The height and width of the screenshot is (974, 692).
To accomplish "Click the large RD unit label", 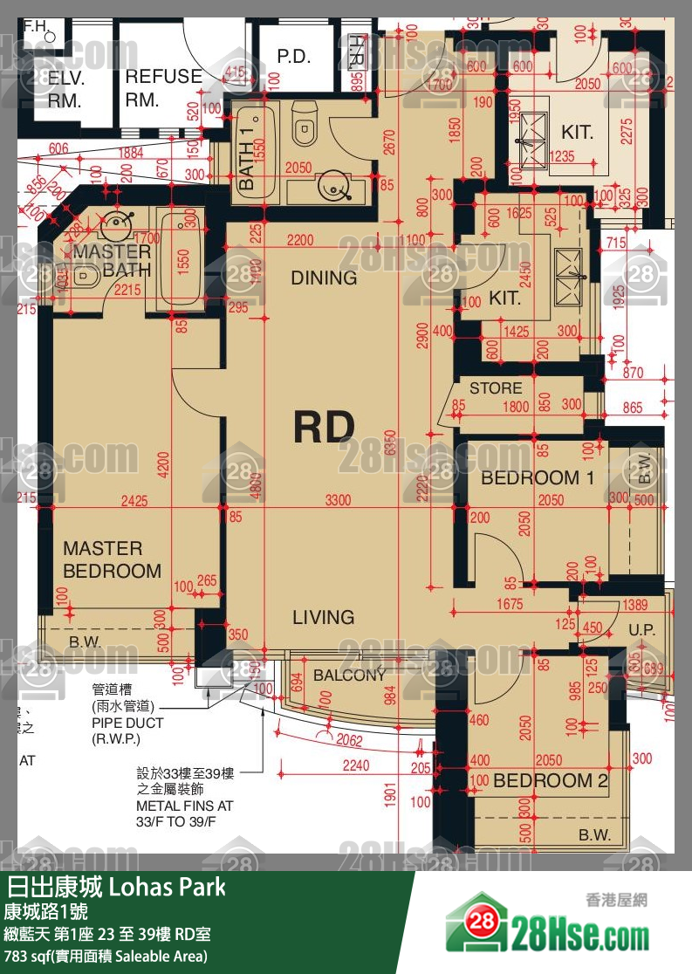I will point(324,427).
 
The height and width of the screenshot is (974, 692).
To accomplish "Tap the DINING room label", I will point(324,278).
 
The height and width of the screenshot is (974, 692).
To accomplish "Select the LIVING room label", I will point(323,617).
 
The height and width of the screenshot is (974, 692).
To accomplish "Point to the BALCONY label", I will point(349,676).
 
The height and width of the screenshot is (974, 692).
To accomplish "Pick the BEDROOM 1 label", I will point(537,477).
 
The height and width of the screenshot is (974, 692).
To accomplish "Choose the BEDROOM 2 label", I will point(551,780).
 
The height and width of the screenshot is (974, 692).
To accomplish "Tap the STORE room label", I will point(496,388).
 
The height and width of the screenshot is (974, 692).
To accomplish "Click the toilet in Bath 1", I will point(304,128).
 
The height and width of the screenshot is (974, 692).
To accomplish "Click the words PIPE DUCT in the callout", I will point(127,724).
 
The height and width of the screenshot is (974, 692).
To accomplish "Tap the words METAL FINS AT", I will point(184,806).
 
